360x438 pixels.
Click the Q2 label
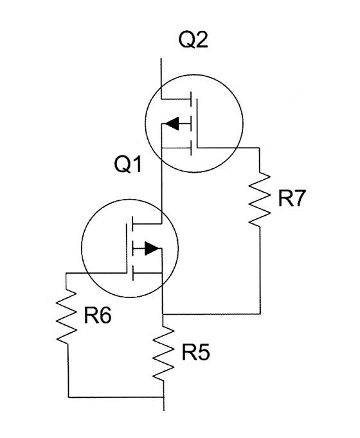(194, 40)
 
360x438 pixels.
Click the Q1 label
(129, 164)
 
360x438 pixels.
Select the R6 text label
(98, 315)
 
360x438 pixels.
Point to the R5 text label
(195, 352)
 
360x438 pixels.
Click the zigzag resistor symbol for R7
(260, 198)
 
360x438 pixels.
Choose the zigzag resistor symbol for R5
(163, 353)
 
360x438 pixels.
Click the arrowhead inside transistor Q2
(171, 123)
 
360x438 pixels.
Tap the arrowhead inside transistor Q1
(152, 248)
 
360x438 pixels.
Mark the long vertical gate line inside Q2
(197, 123)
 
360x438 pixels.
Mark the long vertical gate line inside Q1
(127, 249)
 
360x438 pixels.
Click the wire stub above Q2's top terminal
(161, 78)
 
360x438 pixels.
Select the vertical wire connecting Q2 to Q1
(162, 186)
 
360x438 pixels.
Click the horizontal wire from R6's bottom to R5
(116, 396)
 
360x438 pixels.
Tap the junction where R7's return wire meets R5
(163, 314)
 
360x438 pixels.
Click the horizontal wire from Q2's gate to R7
(229, 148)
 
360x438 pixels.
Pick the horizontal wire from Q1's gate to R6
(96, 273)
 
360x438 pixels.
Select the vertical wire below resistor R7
(260, 270)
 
